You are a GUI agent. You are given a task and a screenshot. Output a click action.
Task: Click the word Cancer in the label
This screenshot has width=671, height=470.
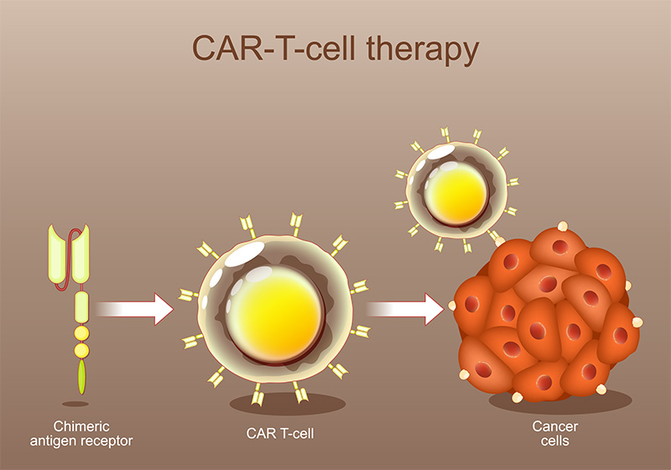click(555, 426)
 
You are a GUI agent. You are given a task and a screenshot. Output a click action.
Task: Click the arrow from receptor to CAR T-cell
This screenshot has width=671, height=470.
click(134, 309)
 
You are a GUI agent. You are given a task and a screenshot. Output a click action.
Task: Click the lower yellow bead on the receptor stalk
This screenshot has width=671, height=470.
click(81, 348)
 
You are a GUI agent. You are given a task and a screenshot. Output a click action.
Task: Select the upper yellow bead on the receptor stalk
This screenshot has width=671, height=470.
click(81, 333)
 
